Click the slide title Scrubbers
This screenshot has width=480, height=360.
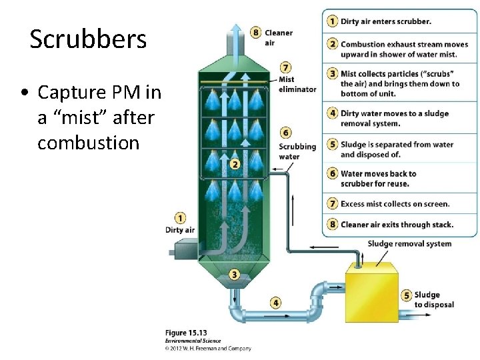(88, 40)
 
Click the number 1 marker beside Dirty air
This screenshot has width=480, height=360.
(180, 217)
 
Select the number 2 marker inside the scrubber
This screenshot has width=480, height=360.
(235, 164)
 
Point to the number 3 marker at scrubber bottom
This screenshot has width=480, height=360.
(234, 274)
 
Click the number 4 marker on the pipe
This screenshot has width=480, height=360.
(276, 303)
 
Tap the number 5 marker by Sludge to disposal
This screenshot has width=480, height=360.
(406, 295)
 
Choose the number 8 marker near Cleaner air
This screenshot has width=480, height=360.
(256, 32)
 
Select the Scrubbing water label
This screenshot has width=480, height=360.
(298, 151)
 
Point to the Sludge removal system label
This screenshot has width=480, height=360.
(409, 244)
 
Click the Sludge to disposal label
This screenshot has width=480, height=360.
(433, 300)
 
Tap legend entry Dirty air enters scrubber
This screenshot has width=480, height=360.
(385, 21)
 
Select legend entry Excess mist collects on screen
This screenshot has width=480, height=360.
(395, 204)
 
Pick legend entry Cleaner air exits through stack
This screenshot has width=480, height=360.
(397, 225)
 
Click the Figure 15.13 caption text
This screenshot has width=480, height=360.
(186, 333)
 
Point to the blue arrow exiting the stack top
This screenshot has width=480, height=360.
(234, 37)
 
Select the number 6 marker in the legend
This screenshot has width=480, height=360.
(332, 174)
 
